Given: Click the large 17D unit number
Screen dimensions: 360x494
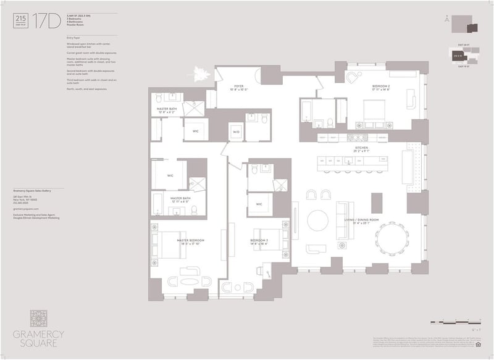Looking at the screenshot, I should point(43,20).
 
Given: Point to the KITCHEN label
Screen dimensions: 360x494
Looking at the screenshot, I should point(361,148).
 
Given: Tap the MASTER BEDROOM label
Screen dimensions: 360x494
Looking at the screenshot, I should point(190,240).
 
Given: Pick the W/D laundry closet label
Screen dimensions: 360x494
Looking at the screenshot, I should point(237,132).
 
